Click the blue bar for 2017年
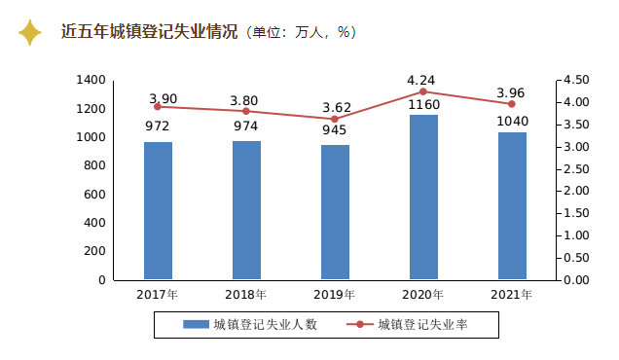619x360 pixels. (x=158, y=211)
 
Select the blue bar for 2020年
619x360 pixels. (x=423, y=198)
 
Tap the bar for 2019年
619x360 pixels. (x=335, y=212)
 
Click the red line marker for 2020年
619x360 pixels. (x=423, y=91)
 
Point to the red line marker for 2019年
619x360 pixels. (x=335, y=119)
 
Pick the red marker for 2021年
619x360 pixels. (x=512, y=103)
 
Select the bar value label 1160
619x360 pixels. (x=423, y=105)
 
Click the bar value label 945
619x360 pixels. (x=335, y=129)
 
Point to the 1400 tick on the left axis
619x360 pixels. (x=90, y=80)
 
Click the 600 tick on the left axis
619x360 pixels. (x=94, y=195)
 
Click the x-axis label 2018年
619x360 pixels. (x=246, y=295)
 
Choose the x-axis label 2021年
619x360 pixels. (x=512, y=295)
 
